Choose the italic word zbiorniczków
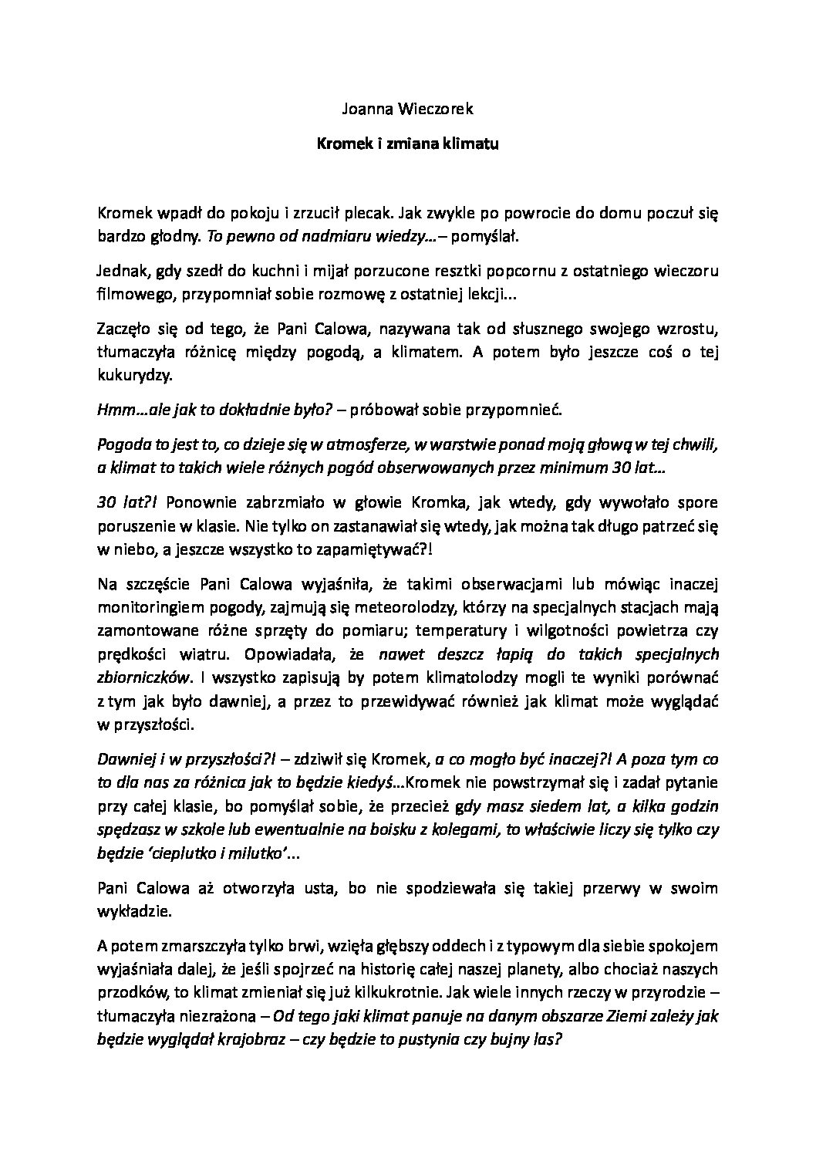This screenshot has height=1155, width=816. coord(144,675)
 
